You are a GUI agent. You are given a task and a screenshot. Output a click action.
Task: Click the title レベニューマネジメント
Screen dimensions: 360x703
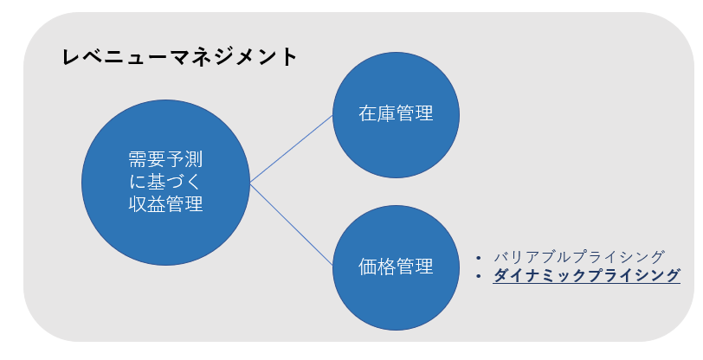[x=180, y=58]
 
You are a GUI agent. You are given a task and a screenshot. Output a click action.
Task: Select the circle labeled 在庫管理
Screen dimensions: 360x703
[x=396, y=114]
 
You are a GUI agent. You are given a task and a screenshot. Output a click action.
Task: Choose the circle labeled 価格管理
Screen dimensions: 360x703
[x=396, y=267]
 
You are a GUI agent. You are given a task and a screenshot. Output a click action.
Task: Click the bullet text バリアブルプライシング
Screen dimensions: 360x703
[x=578, y=257]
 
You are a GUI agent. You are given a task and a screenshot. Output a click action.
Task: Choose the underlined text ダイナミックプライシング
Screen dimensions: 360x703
[x=586, y=276]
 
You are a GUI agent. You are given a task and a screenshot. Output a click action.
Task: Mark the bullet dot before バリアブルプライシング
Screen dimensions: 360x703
[x=480, y=258]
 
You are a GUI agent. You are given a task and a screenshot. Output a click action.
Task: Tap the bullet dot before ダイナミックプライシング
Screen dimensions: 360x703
[x=480, y=277]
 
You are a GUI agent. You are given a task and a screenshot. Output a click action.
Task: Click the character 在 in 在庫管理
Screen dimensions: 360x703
[x=367, y=114]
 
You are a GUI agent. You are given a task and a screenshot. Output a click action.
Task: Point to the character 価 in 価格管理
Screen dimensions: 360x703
[x=367, y=267]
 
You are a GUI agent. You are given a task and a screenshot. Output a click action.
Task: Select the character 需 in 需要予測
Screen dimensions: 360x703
[x=137, y=159]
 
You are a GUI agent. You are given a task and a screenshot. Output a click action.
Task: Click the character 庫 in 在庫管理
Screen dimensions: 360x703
[x=386, y=114]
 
